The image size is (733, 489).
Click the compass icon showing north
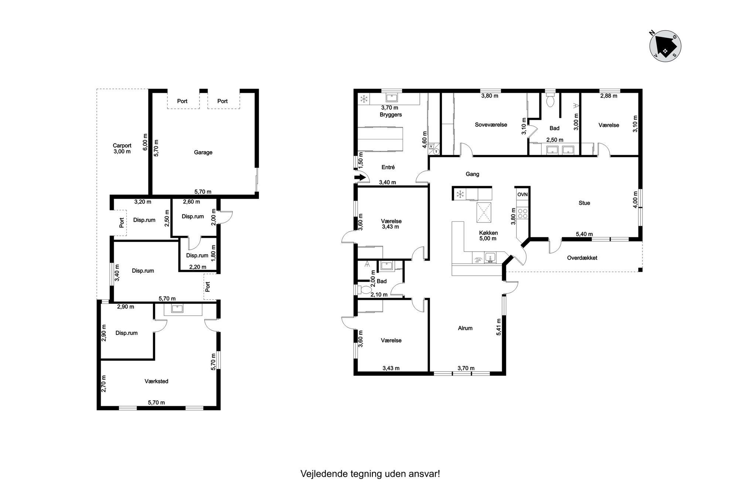(x=665, y=46)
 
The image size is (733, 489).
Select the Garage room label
(x=203, y=152)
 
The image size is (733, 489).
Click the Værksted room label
(x=156, y=381)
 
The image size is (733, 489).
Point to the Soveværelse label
(x=491, y=125)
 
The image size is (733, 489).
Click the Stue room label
(x=584, y=203)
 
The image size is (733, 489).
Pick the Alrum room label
(x=465, y=328)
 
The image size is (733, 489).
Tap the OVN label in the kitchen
(x=522, y=194)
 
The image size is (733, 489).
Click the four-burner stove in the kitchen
(x=522, y=213)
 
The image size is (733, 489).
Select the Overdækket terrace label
(x=582, y=258)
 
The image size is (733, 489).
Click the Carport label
(x=122, y=146)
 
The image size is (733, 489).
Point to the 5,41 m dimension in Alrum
(x=499, y=327)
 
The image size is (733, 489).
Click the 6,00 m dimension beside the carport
(x=145, y=142)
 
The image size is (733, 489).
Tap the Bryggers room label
(x=391, y=115)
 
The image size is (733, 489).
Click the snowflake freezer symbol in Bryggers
(x=364, y=99)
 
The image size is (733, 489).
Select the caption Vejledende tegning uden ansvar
(x=370, y=474)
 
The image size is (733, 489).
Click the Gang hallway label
(x=472, y=174)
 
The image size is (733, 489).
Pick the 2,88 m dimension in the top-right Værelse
(x=608, y=96)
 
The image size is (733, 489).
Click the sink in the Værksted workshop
(x=177, y=309)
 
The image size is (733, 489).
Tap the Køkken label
(x=488, y=233)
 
